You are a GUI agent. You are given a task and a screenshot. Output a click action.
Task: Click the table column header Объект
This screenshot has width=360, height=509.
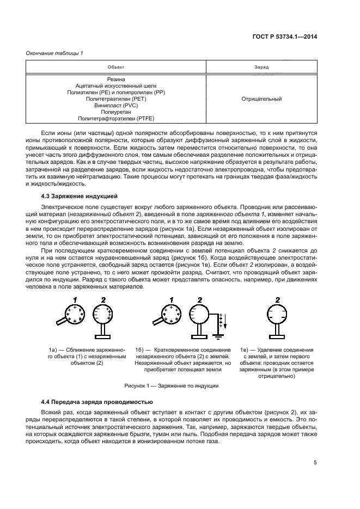tap(116, 66)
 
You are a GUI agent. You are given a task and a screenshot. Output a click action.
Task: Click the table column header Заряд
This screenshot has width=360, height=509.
tap(261, 66)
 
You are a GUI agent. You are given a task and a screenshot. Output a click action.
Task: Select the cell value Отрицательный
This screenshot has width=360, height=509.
tap(261, 99)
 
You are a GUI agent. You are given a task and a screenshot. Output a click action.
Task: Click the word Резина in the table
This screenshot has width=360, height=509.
tap(116, 79)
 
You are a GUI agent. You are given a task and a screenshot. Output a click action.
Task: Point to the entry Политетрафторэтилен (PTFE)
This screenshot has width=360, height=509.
tap(116, 118)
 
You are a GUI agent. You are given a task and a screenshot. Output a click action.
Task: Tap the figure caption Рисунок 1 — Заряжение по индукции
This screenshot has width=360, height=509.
tap(172, 385)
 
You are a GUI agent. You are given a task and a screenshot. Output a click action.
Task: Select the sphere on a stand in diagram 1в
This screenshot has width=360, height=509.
tap(278, 315)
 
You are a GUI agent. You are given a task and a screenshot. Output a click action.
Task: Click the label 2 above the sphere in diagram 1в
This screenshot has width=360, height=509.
tap(278, 299)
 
